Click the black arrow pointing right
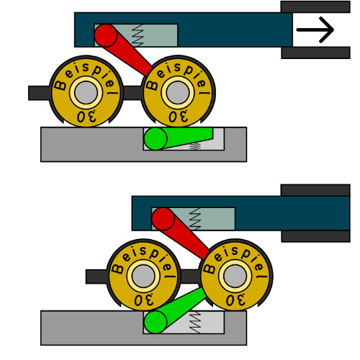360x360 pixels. [315, 30]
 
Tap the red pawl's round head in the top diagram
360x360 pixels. [106, 35]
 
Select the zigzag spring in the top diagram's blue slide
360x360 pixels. [138, 35]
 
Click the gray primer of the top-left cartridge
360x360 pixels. [86, 93]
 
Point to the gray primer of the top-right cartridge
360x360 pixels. [178, 93]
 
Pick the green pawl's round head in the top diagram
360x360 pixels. [156, 139]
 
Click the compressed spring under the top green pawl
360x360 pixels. [194, 146]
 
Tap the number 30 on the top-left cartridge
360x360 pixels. [86, 117]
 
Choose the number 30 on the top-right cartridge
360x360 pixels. [179, 117]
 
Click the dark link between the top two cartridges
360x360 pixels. [132, 93]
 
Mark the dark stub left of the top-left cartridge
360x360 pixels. [40, 93]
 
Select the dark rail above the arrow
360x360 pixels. [315, 6]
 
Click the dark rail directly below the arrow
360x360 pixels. [315, 53]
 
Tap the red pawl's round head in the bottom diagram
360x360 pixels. [163, 219]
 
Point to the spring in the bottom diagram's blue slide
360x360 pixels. [195, 219]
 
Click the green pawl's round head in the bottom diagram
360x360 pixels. [156, 322]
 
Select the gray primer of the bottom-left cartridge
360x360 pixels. [143, 276]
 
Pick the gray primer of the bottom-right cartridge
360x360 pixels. [235, 276]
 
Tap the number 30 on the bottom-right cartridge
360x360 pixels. [236, 300]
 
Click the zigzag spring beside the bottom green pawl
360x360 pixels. [195, 322]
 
